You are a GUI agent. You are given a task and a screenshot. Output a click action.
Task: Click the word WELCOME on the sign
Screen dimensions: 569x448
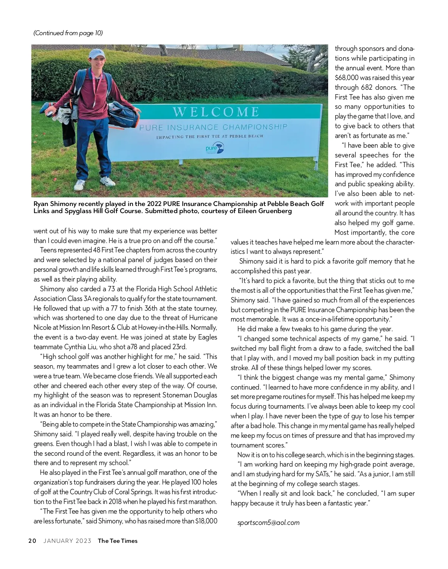[217, 112]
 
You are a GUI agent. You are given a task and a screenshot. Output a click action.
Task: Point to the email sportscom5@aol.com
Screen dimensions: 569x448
[268, 523]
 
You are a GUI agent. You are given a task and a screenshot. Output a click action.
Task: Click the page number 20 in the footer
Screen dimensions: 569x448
[32, 541]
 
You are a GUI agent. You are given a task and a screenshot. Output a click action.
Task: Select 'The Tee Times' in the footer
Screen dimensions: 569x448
[118, 541]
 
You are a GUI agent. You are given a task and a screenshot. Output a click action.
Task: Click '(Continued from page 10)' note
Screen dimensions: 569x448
[68, 33]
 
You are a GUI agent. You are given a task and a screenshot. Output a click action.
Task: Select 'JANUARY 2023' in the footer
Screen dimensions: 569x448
[67, 541]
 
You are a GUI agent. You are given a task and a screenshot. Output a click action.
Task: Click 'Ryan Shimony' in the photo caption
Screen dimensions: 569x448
[55, 204]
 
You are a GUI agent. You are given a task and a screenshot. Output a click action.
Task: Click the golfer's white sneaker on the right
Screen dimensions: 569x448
[108, 182]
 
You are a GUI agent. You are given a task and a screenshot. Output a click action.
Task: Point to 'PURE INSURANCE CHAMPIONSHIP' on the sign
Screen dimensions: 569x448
[214, 127]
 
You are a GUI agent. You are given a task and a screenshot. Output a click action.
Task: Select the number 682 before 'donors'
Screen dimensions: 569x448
[367, 87]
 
